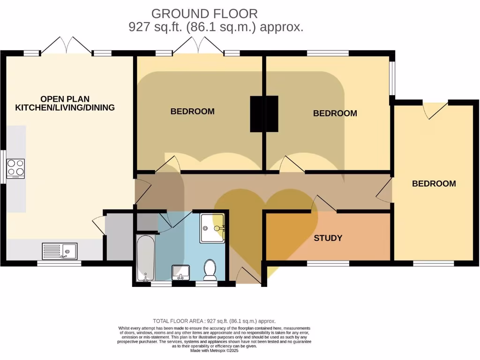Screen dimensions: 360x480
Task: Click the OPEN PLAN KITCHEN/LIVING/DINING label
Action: (65, 103)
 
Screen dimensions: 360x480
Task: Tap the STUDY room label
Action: (328, 238)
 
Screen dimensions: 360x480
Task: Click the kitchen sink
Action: (60, 251)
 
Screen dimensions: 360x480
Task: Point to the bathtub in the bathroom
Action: (145, 258)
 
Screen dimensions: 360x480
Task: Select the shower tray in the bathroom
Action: (213, 228)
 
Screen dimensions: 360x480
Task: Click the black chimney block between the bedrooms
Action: (264, 114)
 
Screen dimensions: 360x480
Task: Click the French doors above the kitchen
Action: (66, 46)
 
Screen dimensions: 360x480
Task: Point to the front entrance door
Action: (248, 276)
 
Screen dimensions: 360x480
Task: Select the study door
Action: (324, 204)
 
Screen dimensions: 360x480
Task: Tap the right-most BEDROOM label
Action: (434, 184)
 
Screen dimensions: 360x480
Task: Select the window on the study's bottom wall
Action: (328, 264)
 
